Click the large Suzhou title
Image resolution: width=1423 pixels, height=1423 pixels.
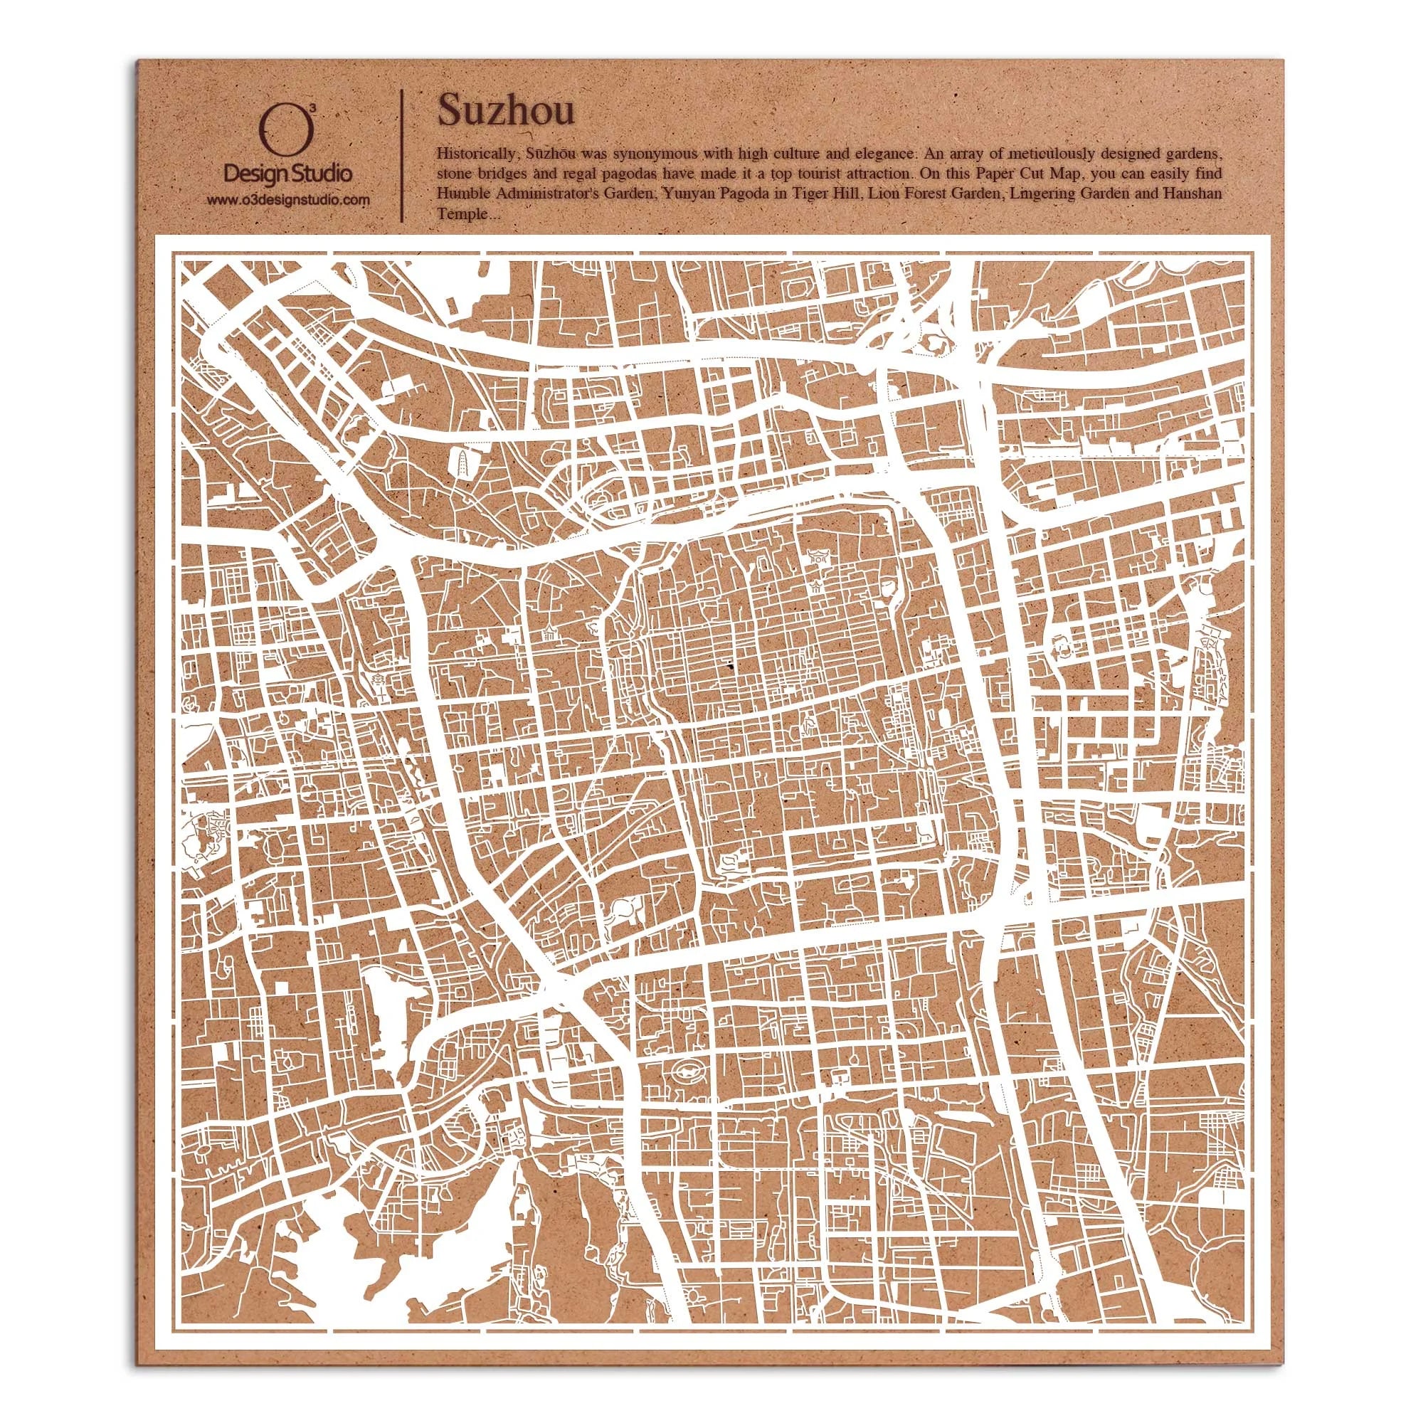(506, 110)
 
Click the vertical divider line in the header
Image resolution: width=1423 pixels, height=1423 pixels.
(401, 155)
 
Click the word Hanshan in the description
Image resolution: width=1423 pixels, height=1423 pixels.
(1195, 194)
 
